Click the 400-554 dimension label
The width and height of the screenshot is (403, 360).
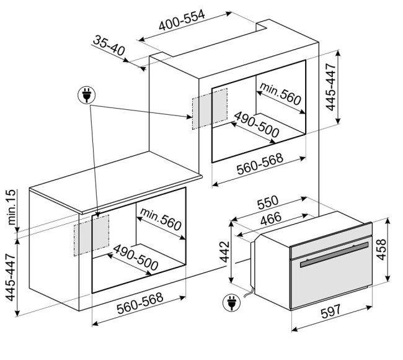tap(182, 20)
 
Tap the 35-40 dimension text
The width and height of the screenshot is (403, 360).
tap(108, 46)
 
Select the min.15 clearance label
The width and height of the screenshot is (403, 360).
tap(12, 207)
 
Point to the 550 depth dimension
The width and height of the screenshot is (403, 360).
tap(268, 202)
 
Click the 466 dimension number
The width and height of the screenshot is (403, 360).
tap(271, 218)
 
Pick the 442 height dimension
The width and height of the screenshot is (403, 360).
tap(225, 251)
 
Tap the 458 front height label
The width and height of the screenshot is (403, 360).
tap(381, 250)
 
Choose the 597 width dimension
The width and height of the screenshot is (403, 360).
tap(331, 311)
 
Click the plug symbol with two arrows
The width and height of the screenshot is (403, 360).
tap(87, 95)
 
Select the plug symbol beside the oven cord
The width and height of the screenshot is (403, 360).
tap(232, 303)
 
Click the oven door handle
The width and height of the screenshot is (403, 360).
tap(334, 254)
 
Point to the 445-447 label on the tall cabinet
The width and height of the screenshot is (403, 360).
tap(330, 87)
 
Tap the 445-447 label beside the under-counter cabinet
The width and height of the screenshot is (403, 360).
tap(11, 277)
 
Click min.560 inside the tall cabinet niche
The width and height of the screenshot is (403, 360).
tap(280, 94)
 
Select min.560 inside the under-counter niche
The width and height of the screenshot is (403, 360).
tap(161, 220)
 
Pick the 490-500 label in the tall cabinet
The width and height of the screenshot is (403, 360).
tap(256, 125)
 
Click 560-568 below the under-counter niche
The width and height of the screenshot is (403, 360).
tap(140, 303)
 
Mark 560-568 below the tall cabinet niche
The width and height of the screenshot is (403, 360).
tap(260, 164)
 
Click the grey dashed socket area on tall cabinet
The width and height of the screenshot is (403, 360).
tap(210, 109)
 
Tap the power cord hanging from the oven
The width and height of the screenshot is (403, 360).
tap(249, 292)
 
